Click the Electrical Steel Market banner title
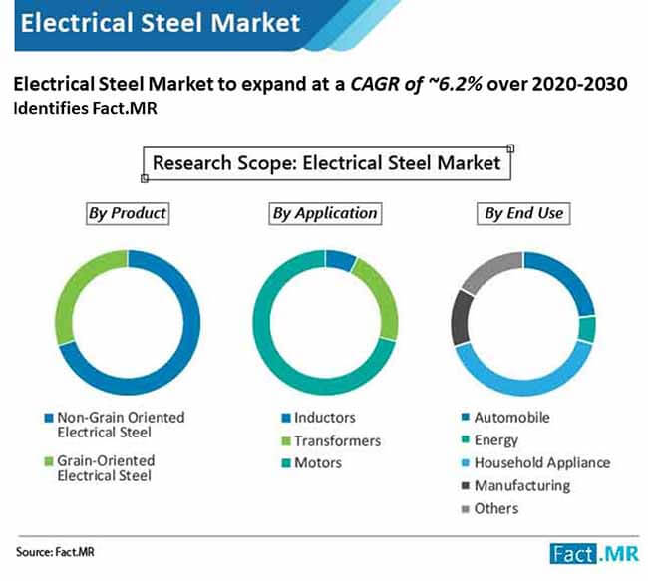pyautogui.click(x=160, y=22)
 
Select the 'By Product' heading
pyautogui.click(x=127, y=213)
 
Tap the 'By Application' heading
pyautogui.click(x=325, y=213)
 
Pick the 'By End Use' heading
pyautogui.click(x=523, y=213)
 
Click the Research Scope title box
pyautogui.click(x=327, y=162)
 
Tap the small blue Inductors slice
pyautogui.click(x=340, y=261)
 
